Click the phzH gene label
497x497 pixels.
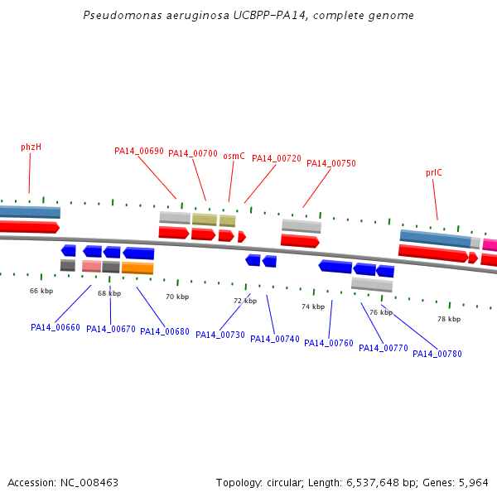[x=31, y=147]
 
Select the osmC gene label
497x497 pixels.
[x=234, y=156]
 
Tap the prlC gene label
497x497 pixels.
[x=433, y=173]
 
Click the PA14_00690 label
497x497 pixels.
[x=139, y=152]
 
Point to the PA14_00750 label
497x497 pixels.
[x=331, y=163]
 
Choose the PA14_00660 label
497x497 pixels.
[x=55, y=327]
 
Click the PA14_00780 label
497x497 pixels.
[x=437, y=354]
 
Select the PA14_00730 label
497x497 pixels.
[x=220, y=335]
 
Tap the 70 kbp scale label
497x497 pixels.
[x=177, y=297]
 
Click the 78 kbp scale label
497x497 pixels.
[x=449, y=319]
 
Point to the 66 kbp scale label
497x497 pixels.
[x=41, y=291]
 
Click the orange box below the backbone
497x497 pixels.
[x=138, y=268]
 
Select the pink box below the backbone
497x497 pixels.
[x=92, y=266]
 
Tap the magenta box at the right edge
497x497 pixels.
[x=490, y=245]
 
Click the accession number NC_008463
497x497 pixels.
[x=89, y=483]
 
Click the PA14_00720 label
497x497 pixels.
[x=277, y=158]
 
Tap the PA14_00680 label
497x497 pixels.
[x=165, y=331]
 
